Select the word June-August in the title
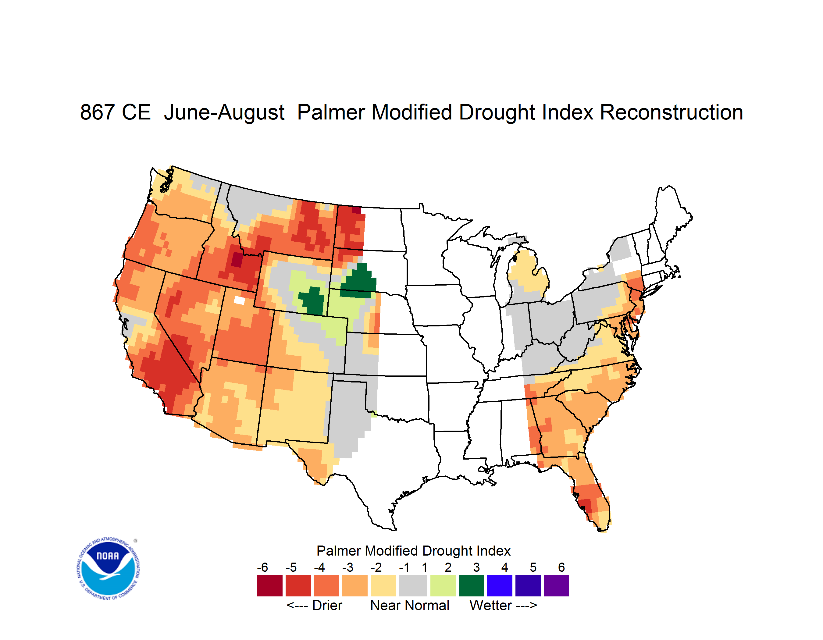224,113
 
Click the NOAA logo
109,569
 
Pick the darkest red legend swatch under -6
270,585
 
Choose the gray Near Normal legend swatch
413,585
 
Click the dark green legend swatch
471,585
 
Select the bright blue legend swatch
500,585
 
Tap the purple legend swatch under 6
556,585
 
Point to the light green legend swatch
443,585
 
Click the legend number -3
348,567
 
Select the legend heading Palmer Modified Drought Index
413,551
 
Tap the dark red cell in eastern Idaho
237,260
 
